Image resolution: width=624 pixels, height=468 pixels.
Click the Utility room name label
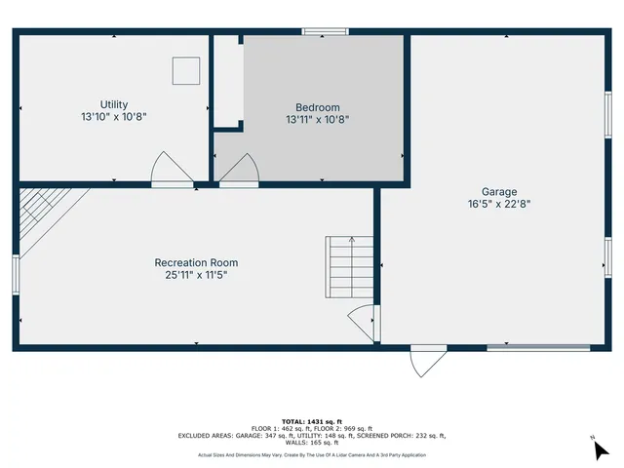(x=114, y=104)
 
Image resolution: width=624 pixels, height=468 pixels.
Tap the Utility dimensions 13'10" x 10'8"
(x=114, y=117)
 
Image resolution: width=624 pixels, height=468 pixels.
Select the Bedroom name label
(x=318, y=107)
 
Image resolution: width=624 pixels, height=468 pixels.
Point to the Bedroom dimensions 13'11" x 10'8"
(x=318, y=120)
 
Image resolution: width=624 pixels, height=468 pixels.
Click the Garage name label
(x=499, y=192)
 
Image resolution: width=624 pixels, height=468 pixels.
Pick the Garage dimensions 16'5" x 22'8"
(x=499, y=205)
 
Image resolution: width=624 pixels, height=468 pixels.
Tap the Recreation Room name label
(x=196, y=262)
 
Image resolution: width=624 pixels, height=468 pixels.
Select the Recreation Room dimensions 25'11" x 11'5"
(x=196, y=275)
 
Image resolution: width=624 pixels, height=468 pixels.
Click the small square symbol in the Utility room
(x=185, y=70)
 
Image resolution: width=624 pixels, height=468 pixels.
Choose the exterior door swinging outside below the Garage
(x=427, y=361)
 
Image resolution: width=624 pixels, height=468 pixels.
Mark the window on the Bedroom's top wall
(x=324, y=32)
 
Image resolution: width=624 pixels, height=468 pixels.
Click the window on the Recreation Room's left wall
(x=16, y=274)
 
